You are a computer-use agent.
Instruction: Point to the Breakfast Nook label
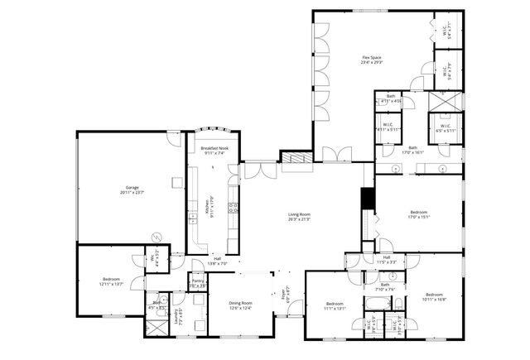pos(213,150)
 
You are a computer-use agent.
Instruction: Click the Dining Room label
pos(240,305)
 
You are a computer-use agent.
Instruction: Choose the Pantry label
pos(198,282)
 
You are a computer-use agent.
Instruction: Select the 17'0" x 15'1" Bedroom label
pos(418,214)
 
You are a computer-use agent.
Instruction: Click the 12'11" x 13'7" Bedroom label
pos(111,281)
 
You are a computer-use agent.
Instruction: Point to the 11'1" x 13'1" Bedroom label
pos(334,305)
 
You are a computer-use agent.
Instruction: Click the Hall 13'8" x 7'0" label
pos(216,261)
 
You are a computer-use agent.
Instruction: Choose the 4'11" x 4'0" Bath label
pos(391,99)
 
